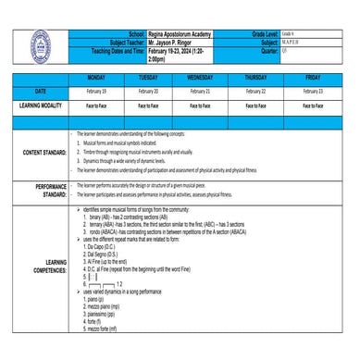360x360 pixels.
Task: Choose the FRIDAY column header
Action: [313, 79]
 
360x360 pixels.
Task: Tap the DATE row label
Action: [40, 93]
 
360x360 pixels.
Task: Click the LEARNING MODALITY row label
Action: [40, 106]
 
